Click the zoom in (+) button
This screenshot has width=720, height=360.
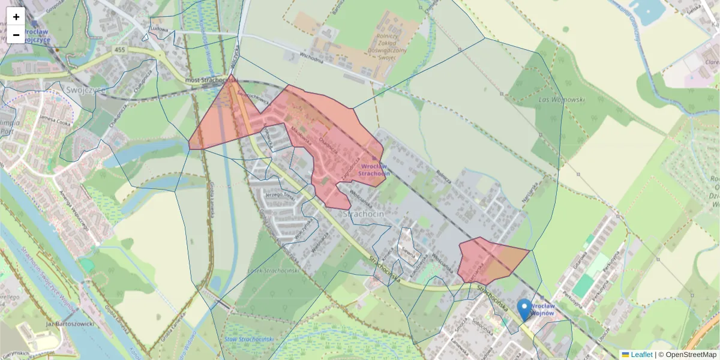16,17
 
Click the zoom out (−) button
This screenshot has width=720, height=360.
16,35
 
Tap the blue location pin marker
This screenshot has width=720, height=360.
524,310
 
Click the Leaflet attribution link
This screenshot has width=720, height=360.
641,355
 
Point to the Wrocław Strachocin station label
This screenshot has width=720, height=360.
374,169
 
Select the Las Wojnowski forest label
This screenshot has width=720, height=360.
562,100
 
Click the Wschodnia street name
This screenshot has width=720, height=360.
311,59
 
